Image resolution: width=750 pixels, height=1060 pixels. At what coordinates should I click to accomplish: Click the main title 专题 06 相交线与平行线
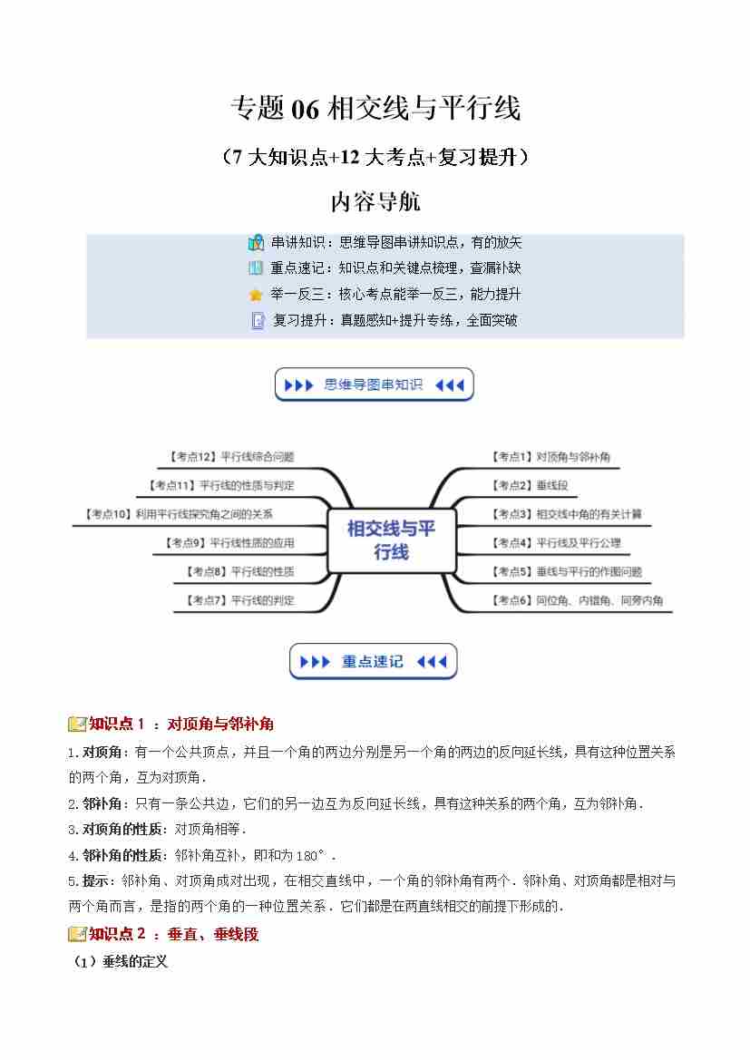point(375,110)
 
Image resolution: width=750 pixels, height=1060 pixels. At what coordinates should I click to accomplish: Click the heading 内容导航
point(375,200)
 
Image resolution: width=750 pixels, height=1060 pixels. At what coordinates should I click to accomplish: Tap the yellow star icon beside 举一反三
point(256,295)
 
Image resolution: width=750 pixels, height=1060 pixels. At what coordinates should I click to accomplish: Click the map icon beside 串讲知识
point(256,243)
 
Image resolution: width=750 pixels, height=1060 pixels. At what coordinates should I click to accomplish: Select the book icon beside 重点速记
point(256,268)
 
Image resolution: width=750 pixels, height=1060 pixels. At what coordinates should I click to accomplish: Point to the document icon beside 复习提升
point(257,320)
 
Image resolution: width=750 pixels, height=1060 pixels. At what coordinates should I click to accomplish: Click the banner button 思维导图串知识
point(374,384)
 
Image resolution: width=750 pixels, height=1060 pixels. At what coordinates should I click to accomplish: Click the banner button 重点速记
point(373,661)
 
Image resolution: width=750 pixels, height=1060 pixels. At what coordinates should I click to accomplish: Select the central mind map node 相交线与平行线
point(391,540)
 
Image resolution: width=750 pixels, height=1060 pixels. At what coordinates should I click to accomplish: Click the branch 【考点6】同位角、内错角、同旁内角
point(576,600)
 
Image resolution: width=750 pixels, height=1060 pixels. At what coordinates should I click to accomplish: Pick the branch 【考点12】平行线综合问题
point(231,457)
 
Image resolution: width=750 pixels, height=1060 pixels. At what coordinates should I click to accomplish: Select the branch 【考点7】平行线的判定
point(239,600)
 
